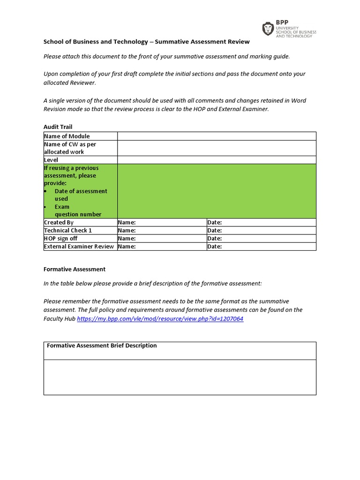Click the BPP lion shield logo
click(268, 29)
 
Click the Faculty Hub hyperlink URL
click(160, 319)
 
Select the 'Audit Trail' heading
click(58, 127)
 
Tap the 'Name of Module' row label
click(67, 136)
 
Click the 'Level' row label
click(51, 160)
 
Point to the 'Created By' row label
click(59, 223)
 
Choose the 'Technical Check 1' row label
click(67, 231)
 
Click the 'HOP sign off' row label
click(61, 239)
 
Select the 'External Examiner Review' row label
click(79, 247)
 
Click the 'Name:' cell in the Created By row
click(127, 223)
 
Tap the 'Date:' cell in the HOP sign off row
click(215, 239)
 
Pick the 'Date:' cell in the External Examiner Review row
click(215, 247)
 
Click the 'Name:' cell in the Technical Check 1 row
click(127, 231)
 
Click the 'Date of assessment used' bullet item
click(81, 195)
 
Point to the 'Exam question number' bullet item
click(77, 210)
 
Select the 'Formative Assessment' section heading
click(75, 269)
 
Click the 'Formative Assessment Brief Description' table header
click(102, 345)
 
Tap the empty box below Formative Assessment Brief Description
click(180, 377)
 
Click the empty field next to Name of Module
click(217, 136)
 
